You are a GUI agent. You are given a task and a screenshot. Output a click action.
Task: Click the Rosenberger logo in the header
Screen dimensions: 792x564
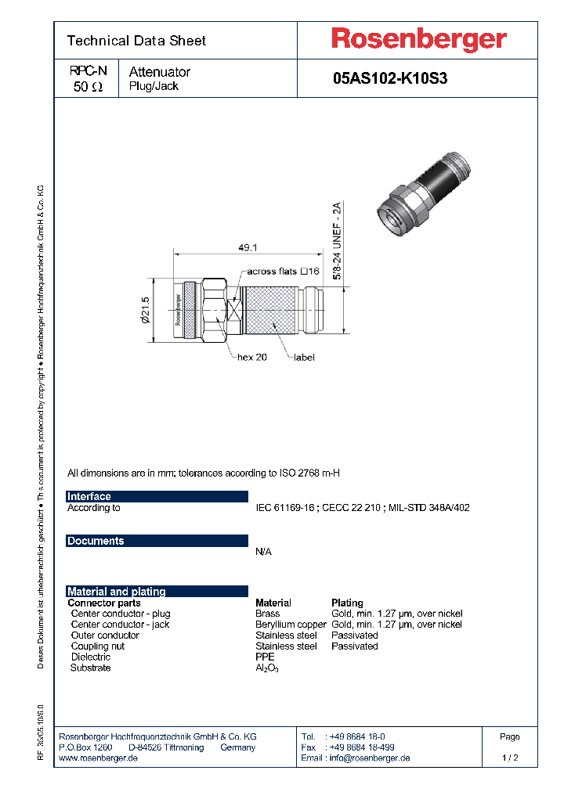pyautogui.click(x=418, y=39)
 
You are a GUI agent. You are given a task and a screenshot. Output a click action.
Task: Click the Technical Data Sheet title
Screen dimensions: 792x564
pyautogui.click(x=136, y=41)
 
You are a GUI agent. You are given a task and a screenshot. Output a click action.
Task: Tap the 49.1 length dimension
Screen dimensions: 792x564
pyautogui.click(x=248, y=247)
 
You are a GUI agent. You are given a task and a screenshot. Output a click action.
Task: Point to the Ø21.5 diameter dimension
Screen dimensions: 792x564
pyautogui.click(x=145, y=309)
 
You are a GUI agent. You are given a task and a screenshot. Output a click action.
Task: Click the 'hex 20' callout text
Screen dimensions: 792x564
pyautogui.click(x=252, y=357)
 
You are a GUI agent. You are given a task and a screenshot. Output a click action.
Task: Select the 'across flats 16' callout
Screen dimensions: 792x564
pyautogui.click(x=284, y=272)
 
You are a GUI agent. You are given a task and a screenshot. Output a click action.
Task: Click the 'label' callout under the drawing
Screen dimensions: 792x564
pyautogui.click(x=304, y=357)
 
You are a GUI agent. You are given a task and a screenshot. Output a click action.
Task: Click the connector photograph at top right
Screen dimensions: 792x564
pyautogui.click(x=428, y=193)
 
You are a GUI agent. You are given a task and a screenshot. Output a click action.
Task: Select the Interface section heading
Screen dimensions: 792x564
pyautogui.click(x=89, y=496)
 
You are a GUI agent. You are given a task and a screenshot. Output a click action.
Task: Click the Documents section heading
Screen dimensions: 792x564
pyautogui.click(x=96, y=541)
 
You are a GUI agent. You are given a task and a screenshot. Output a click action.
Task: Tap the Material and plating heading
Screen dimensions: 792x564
pyautogui.click(x=117, y=592)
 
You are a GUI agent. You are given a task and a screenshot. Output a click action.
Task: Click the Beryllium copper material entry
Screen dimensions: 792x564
pyautogui.click(x=291, y=625)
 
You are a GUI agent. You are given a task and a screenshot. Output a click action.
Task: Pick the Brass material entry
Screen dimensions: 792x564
pyautogui.click(x=267, y=614)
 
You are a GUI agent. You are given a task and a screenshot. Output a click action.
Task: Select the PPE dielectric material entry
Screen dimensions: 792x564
pyautogui.click(x=266, y=657)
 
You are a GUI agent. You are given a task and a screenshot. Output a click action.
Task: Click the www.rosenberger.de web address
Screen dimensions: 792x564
pyautogui.click(x=99, y=758)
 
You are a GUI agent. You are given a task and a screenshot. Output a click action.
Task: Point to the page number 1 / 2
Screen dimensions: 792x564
pyautogui.click(x=509, y=758)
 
